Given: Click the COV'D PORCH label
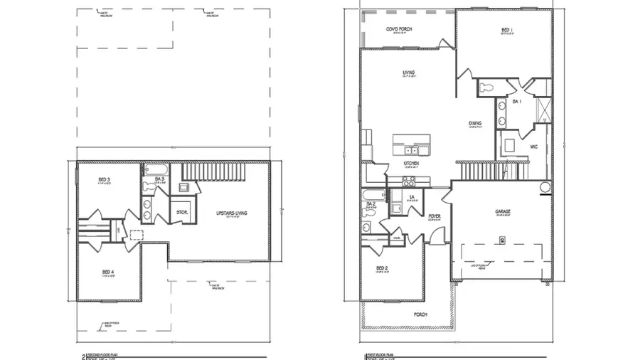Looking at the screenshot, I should point(399,28).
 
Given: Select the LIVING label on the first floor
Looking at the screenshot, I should point(408,73).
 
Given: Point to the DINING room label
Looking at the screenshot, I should point(475,124).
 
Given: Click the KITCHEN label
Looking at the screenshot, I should point(411,164).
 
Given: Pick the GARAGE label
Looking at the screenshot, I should point(503,211).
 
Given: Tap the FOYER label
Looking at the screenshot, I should point(434,216).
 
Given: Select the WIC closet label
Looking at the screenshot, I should point(533,147).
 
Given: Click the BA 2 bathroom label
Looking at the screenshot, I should point(370,204).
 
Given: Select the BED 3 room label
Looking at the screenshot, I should point(103,179).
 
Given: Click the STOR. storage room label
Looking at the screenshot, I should point(181,212).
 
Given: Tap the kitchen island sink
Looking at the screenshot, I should point(412,149).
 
